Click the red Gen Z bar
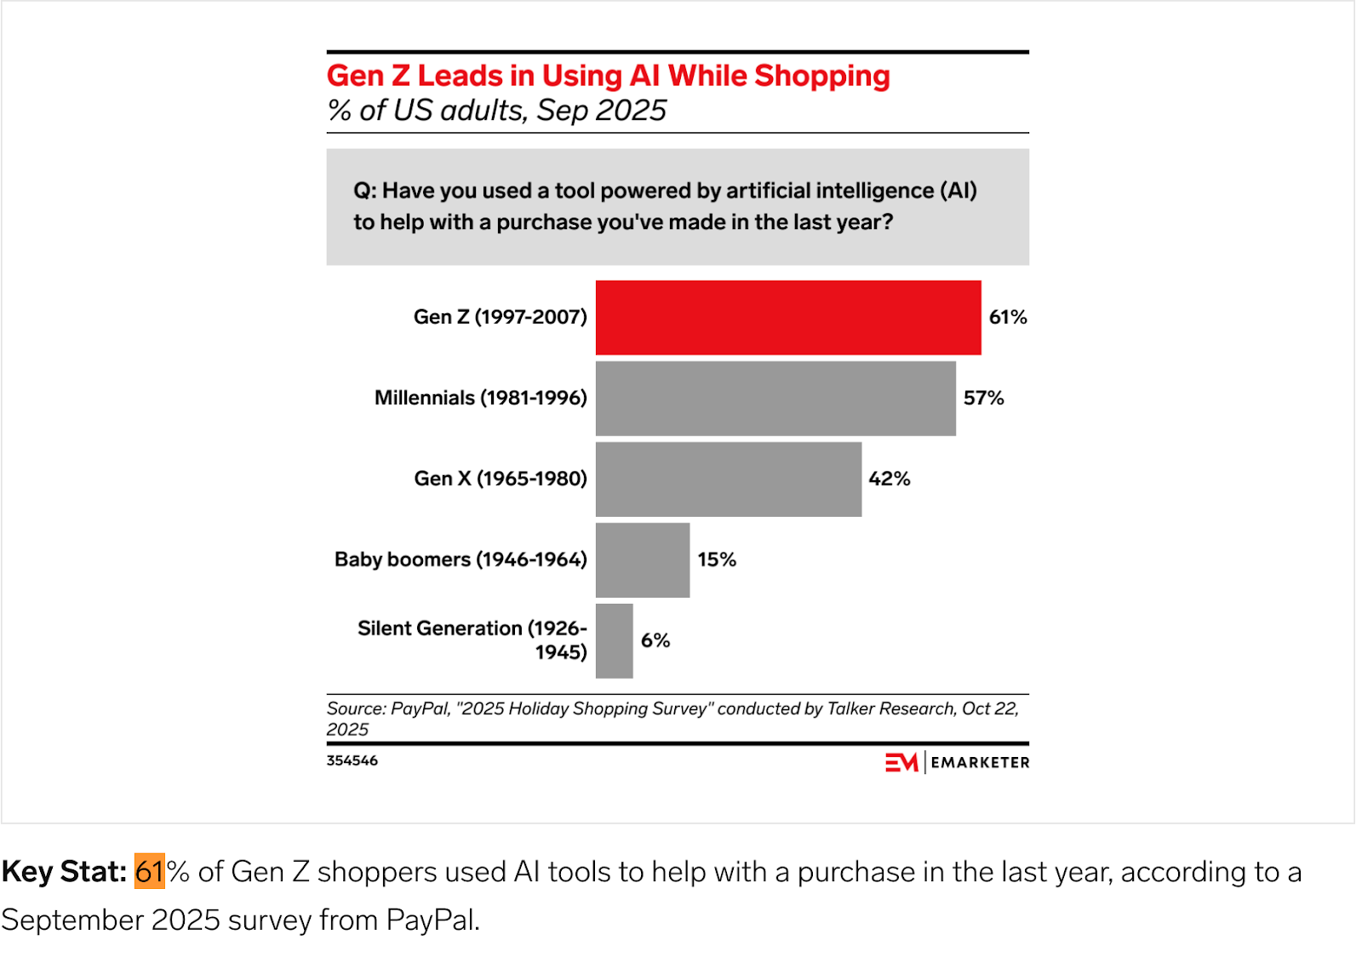[x=787, y=317]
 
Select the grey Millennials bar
[x=775, y=398]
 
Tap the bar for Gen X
[x=728, y=479]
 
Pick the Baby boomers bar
[x=642, y=559]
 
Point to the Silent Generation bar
[x=614, y=640]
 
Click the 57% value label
[x=983, y=398]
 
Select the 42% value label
[x=889, y=479]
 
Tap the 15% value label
[x=716, y=559]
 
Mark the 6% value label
[x=655, y=640]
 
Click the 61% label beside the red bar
[x=1007, y=317]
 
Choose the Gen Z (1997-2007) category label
[x=500, y=317]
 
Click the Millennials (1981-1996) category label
[x=480, y=398]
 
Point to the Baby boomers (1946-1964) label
[x=461, y=559]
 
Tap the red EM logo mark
[x=901, y=762]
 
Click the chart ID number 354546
[x=352, y=760]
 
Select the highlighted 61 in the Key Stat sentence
[x=149, y=872]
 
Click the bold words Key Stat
[x=64, y=872]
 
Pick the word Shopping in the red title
[x=821, y=76]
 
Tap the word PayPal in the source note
[x=420, y=708]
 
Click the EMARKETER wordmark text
[x=980, y=763]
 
